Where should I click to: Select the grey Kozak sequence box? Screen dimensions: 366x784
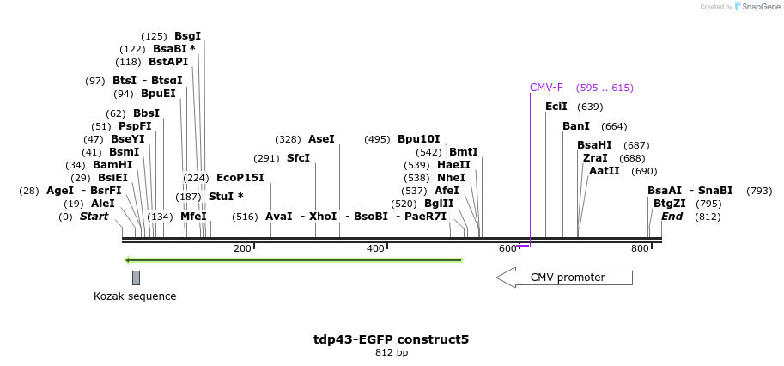point(136,278)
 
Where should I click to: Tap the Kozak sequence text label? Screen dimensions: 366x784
point(135,296)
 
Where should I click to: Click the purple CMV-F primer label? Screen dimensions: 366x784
point(546,88)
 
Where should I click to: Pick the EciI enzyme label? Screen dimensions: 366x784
point(556,107)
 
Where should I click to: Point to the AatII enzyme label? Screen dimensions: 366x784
point(605,171)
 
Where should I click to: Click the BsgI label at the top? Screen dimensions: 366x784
point(187,36)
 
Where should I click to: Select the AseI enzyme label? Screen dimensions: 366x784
point(321,139)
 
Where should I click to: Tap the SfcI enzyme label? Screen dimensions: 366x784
point(298,158)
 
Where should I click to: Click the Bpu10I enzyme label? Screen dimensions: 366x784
point(418,139)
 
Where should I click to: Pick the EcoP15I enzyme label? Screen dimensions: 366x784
point(240,178)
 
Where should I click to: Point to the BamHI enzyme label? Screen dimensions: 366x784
point(112,165)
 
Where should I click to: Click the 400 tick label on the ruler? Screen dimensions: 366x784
point(375,248)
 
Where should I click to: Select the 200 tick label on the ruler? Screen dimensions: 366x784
point(242,248)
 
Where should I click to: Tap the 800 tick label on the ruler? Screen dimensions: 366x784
point(640,248)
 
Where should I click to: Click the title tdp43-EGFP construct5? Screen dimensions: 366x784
point(391,339)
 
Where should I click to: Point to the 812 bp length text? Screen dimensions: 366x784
point(392,353)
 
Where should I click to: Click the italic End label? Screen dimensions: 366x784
point(672,217)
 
